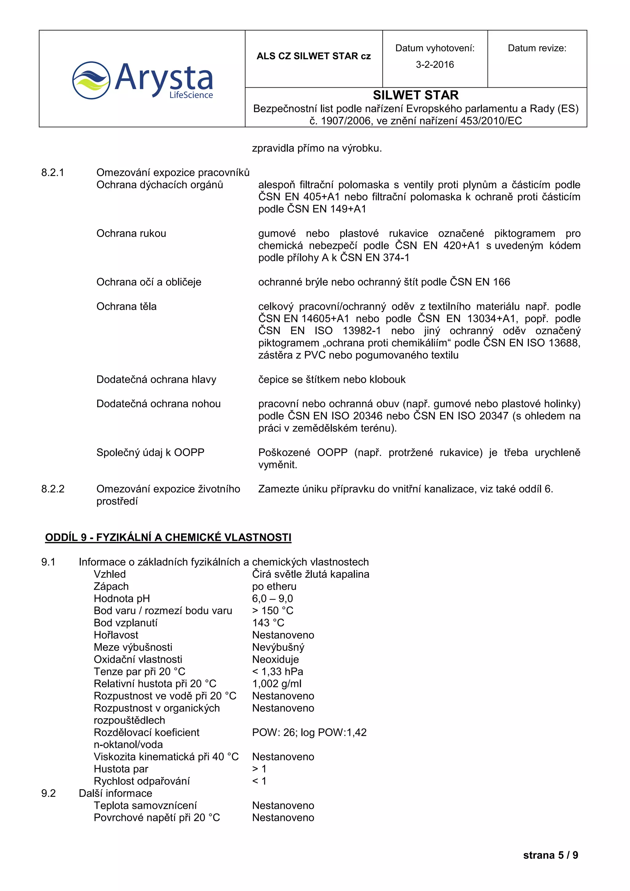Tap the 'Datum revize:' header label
(537, 48)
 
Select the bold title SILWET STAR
(416, 95)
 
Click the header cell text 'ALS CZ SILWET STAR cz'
(313, 56)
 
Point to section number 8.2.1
(53, 172)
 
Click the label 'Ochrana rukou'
(131, 233)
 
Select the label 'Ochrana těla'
(126, 306)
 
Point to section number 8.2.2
(53, 489)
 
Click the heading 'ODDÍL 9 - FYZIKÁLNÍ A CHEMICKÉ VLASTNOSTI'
(168, 537)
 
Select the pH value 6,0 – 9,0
(272, 598)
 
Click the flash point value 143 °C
(268, 622)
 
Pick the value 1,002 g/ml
(277, 683)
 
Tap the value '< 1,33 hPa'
(277, 671)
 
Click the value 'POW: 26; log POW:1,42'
(309, 732)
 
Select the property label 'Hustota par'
(121, 769)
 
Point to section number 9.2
(49, 793)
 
